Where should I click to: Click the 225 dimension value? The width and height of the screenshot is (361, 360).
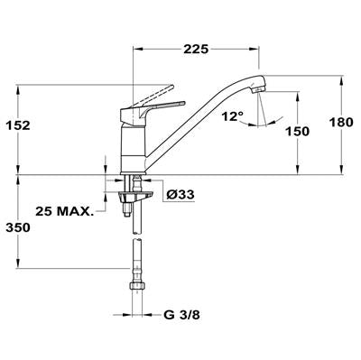click(196, 49)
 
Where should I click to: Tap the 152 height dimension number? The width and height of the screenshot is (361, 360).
click(18, 125)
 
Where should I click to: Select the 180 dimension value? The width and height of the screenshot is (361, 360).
click(341, 123)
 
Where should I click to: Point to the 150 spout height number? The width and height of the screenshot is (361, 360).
click(297, 132)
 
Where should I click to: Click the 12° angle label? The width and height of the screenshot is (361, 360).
click(233, 116)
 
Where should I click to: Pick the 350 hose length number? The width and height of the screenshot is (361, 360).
click(18, 227)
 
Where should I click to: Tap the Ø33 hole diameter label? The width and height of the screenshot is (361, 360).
click(180, 195)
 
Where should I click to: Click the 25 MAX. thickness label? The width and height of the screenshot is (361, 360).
click(63, 211)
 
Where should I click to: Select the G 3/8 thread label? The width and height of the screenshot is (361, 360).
click(182, 315)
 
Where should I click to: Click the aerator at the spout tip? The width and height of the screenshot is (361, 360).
click(259, 89)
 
